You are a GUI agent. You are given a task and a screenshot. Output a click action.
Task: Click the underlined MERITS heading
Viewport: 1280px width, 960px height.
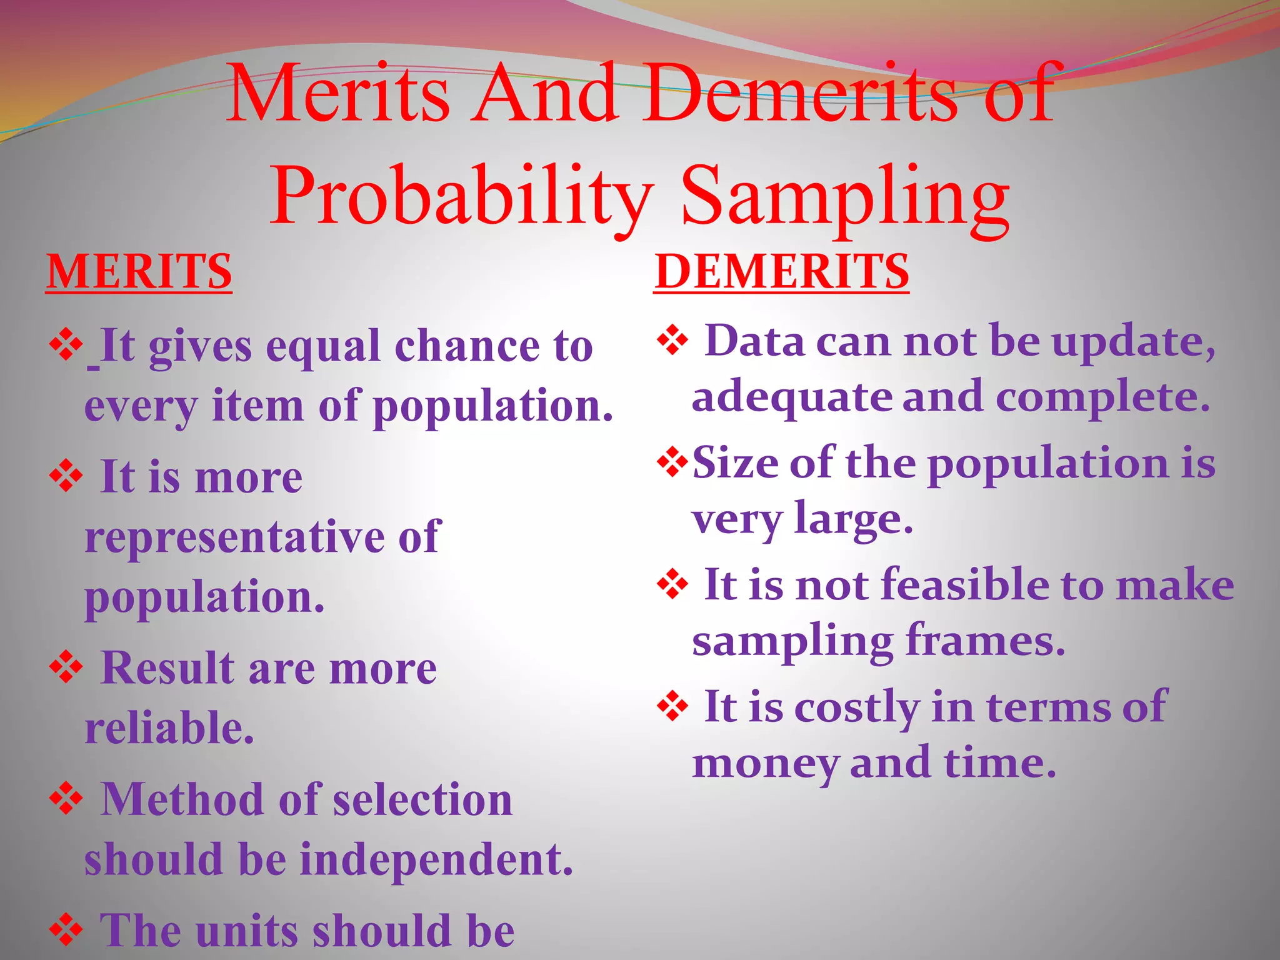[139, 272]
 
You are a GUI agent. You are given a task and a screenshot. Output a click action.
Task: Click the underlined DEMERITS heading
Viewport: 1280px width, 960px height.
[781, 272]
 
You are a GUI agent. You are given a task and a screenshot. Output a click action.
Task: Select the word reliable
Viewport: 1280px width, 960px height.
[169, 729]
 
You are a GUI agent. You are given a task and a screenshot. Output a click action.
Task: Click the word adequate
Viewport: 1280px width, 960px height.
[791, 398]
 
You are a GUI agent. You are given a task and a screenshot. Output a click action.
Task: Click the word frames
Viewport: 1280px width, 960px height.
[985, 641]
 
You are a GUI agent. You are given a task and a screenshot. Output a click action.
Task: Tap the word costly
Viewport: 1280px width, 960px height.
[856, 707]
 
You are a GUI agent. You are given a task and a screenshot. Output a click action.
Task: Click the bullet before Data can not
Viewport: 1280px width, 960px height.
[672, 341]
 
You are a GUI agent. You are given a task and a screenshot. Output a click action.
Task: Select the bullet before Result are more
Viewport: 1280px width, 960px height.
[66, 667]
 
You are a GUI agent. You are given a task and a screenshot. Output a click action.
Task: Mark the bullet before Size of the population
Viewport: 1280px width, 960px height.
[672, 462]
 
